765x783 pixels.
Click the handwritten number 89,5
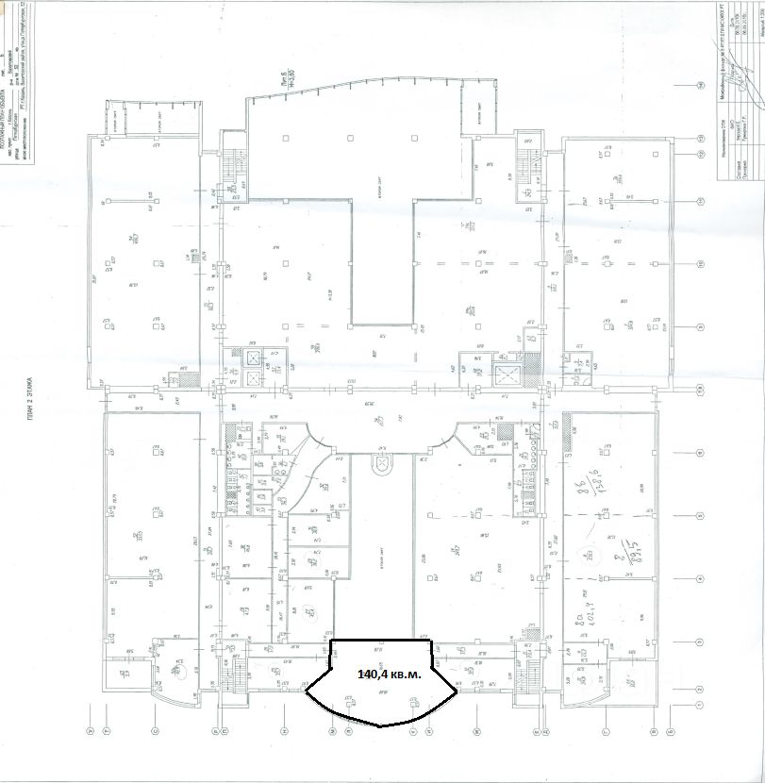622,544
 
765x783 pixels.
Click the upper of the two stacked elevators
254,358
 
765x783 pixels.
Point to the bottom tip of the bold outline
379,726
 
